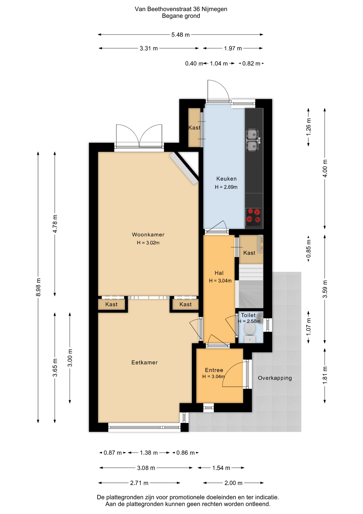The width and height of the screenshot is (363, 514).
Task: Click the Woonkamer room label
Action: pyautogui.click(x=148, y=235)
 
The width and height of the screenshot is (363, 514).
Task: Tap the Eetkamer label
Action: pyautogui.click(x=145, y=362)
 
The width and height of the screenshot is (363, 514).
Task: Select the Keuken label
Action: pyautogui.click(x=226, y=179)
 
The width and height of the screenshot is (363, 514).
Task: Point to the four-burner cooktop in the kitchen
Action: pyautogui.click(x=253, y=216)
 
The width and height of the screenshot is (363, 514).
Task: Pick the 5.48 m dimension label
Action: pyautogui.click(x=180, y=35)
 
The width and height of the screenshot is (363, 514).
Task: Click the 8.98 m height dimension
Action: pyautogui.click(x=38, y=287)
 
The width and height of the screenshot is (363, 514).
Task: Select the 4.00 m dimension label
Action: pyautogui.click(x=325, y=168)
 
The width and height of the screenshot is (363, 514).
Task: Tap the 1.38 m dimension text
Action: pyautogui.click(x=149, y=453)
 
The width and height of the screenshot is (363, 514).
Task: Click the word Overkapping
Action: pyautogui.click(x=275, y=378)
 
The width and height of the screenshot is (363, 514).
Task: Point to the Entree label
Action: pyautogui.click(x=214, y=370)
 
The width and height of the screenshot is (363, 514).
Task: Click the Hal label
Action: pyautogui.click(x=219, y=273)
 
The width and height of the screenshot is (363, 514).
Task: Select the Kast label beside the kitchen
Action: pyautogui.click(x=194, y=128)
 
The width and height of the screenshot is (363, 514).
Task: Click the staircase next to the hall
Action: pyautogui.click(x=251, y=286)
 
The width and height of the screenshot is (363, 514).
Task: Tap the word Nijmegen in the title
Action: pyautogui.click(x=214, y=9)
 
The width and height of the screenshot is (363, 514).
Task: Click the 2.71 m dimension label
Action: pyautogui.click(x=139, y=483)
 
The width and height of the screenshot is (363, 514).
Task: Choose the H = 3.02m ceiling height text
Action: pyautogui.click(x=148, y=243)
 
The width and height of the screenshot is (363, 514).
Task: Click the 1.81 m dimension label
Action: pyautogui.click(x=325, y=375)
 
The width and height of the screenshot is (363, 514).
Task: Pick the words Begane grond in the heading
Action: pyautogui.click(x=181, y=16)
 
